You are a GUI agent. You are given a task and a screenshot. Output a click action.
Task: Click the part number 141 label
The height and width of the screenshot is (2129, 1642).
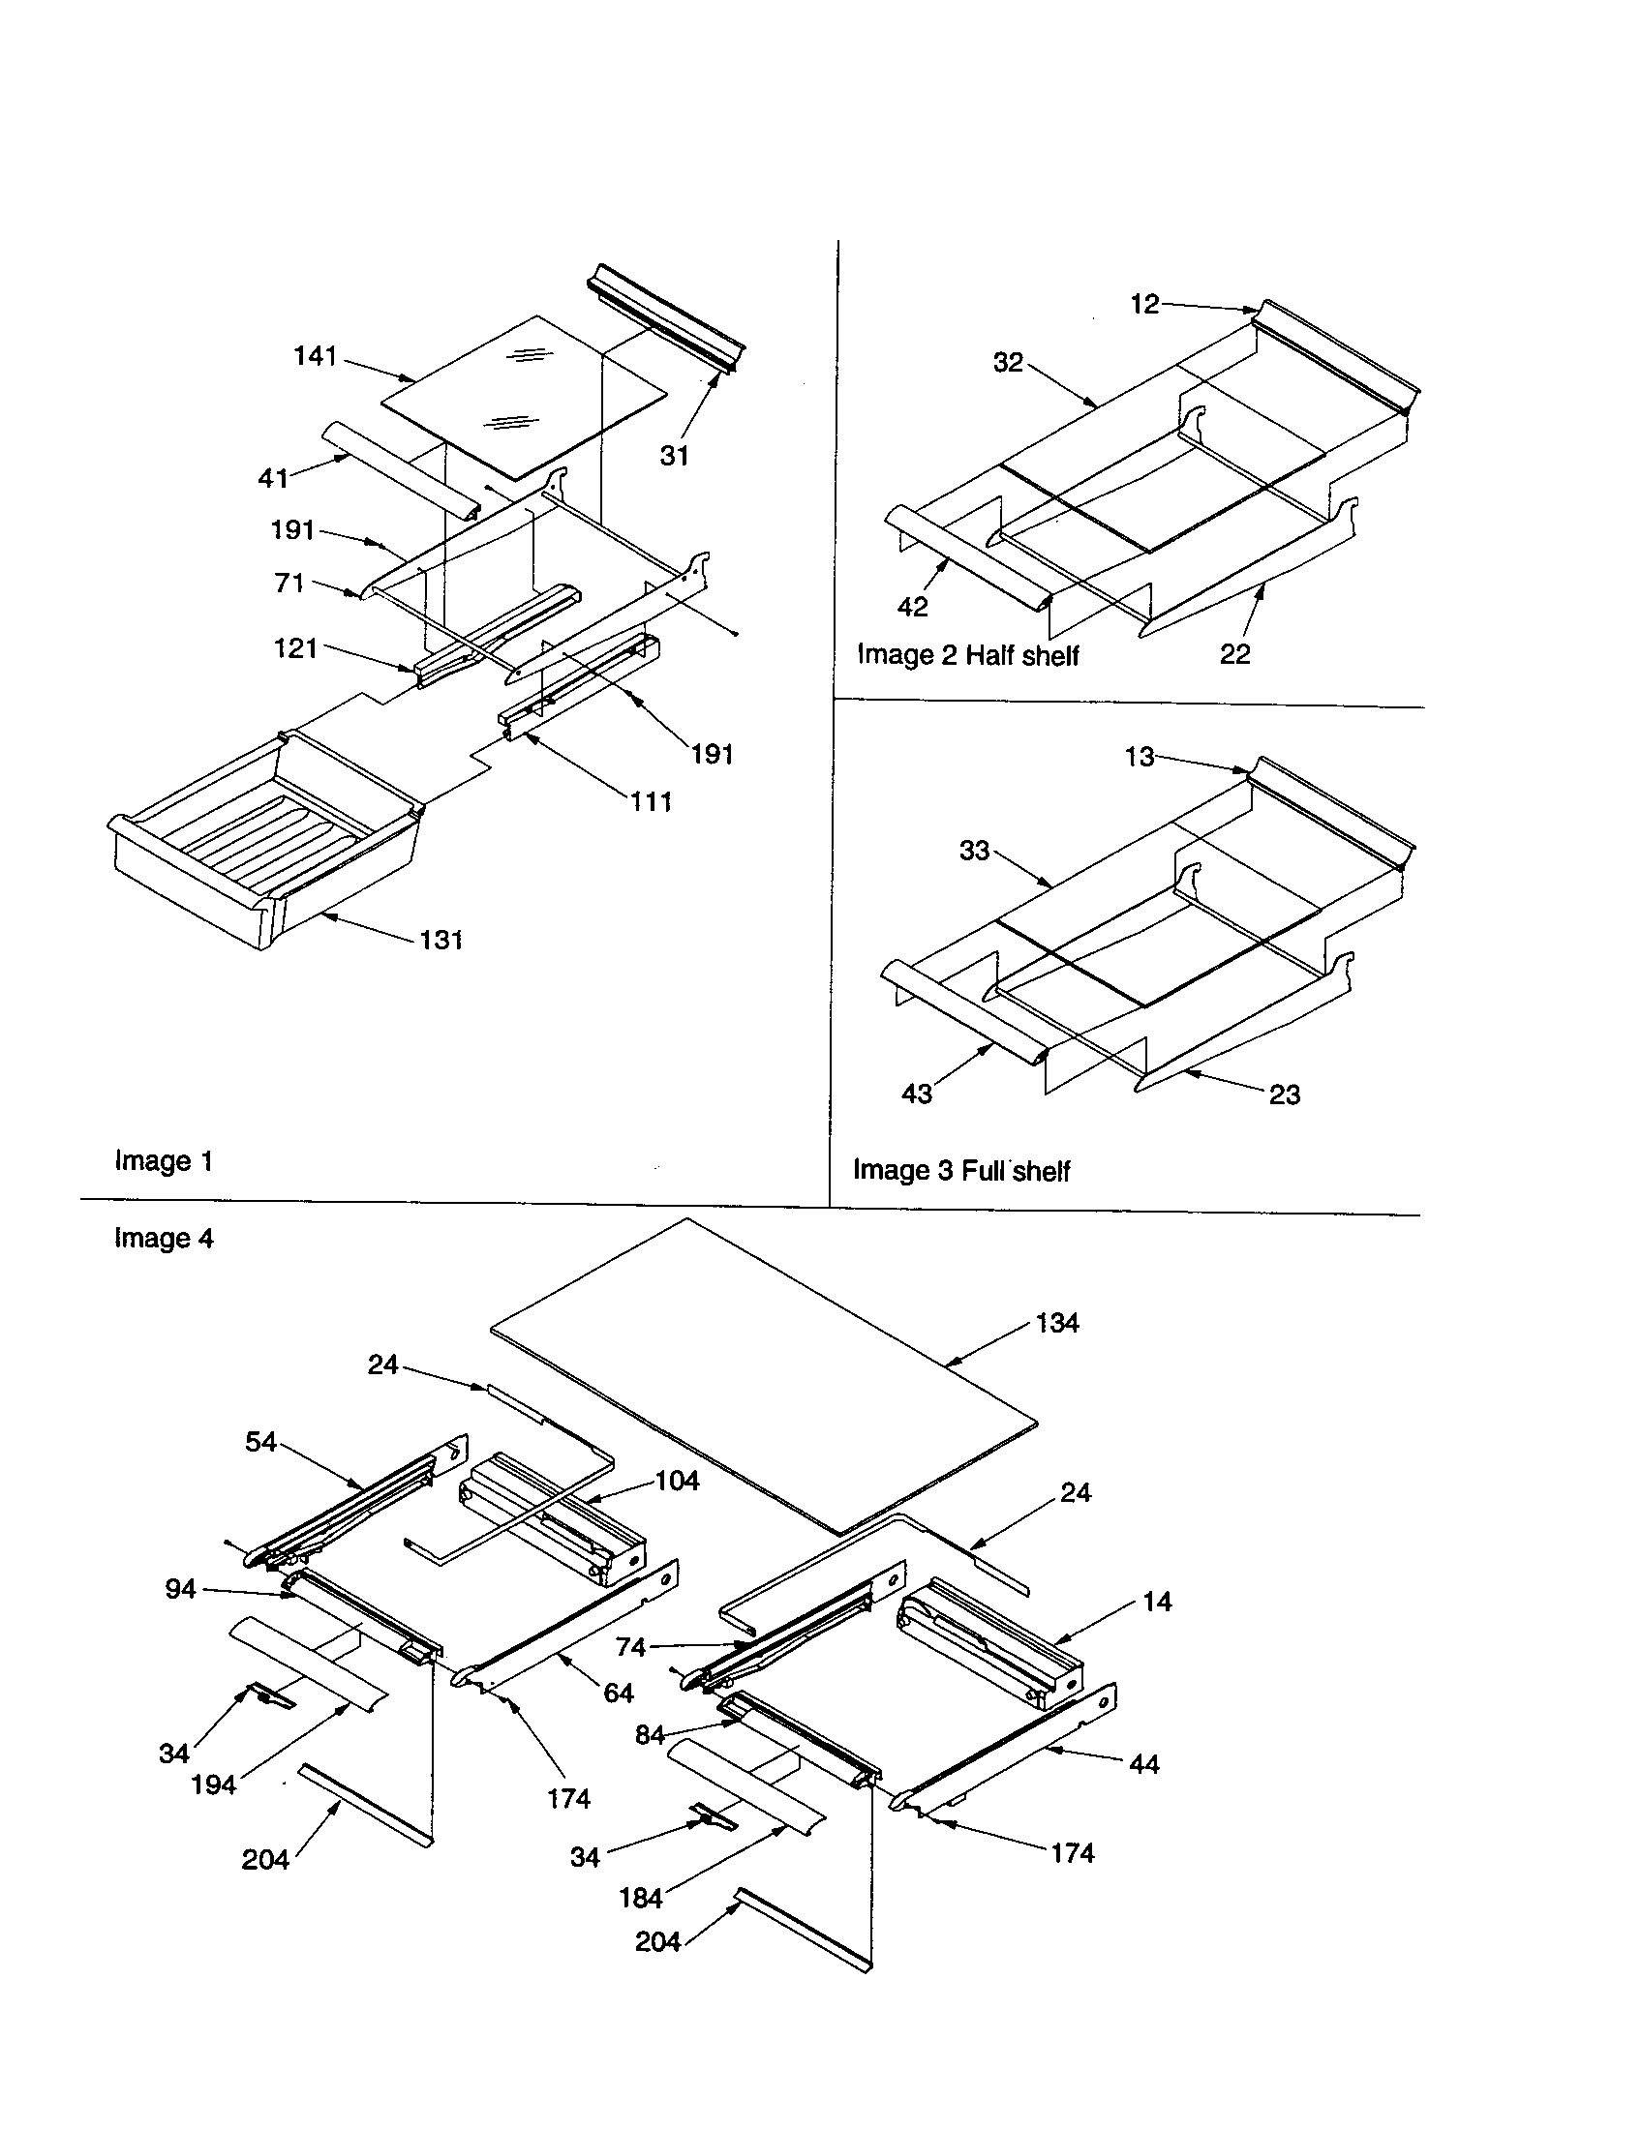click(x=315, y=357)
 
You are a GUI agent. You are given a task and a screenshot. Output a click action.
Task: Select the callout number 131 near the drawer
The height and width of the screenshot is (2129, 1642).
click(x=441, y=940)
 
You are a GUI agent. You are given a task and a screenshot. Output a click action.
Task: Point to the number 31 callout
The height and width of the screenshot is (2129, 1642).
click(x=674, y=455)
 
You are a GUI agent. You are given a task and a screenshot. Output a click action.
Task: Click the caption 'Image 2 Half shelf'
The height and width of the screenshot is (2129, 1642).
click(x=967, y=655)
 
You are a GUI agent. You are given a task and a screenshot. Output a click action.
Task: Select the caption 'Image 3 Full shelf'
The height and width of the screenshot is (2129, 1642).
click(x=961, y=1170)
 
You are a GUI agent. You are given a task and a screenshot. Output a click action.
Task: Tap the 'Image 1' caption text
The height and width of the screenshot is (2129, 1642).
click(x=163, y=1160)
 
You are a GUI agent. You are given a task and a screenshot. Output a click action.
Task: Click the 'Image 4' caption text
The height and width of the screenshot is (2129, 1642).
click(x=163, y=1238)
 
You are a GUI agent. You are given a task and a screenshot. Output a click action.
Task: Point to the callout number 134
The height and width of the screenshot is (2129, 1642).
click(x=1057, y=1323)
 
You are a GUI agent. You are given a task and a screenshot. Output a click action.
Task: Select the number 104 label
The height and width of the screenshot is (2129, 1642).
click(x=677, y=1481)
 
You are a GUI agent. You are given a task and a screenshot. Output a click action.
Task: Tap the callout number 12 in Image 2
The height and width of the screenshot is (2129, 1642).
click(x=1144, y=304)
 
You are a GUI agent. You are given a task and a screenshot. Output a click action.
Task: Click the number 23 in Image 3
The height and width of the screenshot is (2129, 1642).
click(x=1284, y=1094)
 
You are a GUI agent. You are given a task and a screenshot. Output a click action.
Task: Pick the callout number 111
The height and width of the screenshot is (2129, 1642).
click(x=651, y=801)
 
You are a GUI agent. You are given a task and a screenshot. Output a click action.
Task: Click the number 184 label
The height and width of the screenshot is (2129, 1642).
click(x=641, y=1898)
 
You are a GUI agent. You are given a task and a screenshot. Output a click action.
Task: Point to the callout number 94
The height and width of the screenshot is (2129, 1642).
click(x=180, y=1589)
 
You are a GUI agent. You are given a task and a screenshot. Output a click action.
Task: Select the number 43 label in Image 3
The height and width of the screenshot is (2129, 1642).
click(x=917, y=1094)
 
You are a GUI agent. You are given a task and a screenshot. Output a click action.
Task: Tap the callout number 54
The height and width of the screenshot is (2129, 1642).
click(x=260, y=1442)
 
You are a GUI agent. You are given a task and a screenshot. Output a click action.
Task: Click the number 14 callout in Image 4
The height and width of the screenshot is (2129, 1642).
click(x=1156, y=1602)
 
